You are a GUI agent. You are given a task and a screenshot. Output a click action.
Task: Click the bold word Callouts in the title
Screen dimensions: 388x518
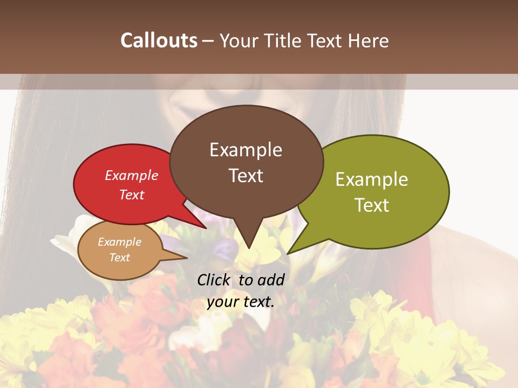[x=159, y=40]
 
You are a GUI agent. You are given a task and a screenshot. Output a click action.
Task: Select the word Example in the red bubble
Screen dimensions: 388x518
[x=132, y=175]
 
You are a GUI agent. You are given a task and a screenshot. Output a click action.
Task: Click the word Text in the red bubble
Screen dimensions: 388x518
[x=132, y=195]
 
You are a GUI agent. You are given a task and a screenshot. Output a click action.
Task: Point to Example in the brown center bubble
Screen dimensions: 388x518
[x=246, y=150]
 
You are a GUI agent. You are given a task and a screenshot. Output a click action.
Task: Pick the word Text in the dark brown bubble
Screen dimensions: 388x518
[x=246, y=176]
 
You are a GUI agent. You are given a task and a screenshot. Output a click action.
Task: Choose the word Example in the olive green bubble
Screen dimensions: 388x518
[x=372, y=179]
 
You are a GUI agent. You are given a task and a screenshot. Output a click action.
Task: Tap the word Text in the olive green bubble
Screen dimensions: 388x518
[x=372, y=205]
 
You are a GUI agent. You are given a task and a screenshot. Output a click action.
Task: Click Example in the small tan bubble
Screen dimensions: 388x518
[x=119, y=242]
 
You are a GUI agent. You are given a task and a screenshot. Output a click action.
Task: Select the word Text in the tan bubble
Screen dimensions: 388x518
[x=119, y=258]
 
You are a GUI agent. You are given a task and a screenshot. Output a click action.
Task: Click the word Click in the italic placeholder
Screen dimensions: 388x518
[x=214, y=280]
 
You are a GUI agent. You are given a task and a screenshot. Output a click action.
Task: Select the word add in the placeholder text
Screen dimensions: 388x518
[x=271, y=280]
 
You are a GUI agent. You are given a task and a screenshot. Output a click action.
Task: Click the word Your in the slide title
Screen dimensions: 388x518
[x=240, y=40]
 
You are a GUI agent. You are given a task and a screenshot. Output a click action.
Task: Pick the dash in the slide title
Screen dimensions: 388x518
[x=208, y=40]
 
